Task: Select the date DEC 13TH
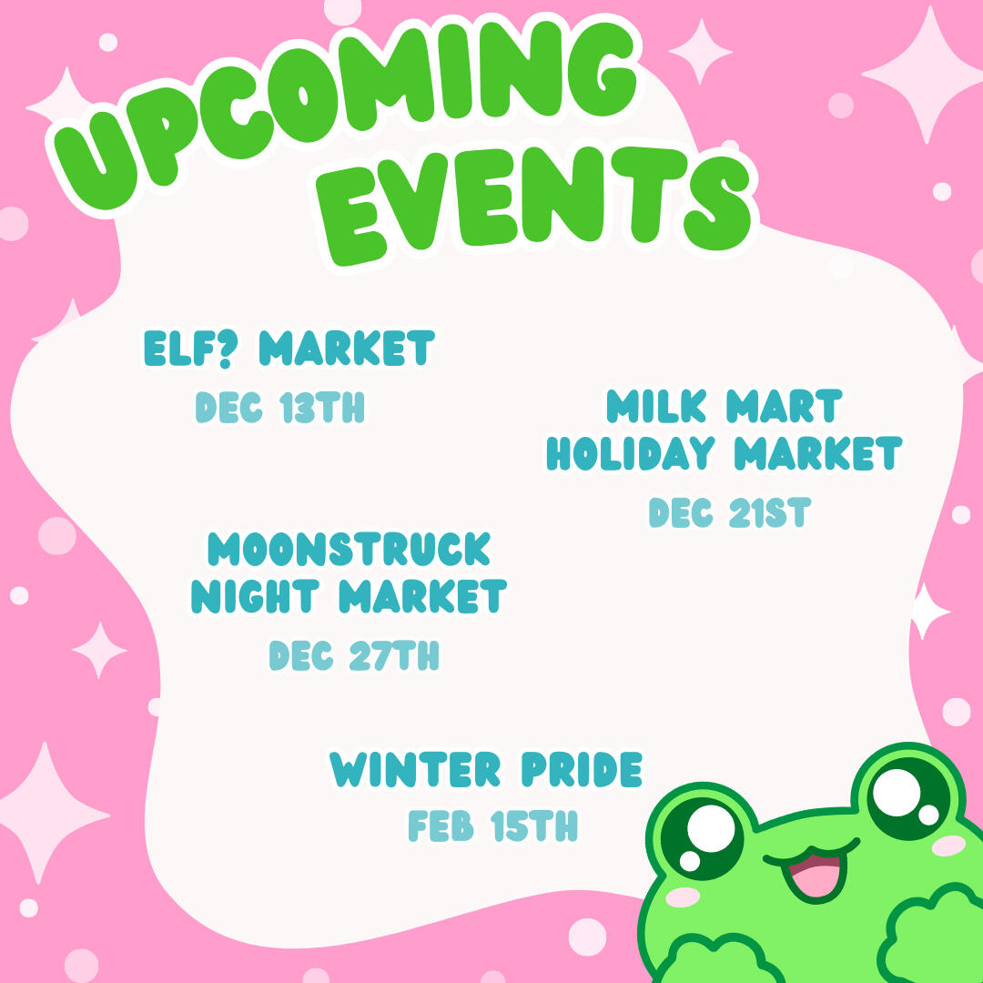pos(280,408)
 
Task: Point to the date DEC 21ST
pos(728,513)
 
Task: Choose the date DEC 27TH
pos(354,655)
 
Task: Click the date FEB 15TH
pos(492,826)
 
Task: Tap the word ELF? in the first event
pos(190,349)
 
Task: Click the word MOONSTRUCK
pos(350,550)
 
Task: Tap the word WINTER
pos(415,770)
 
